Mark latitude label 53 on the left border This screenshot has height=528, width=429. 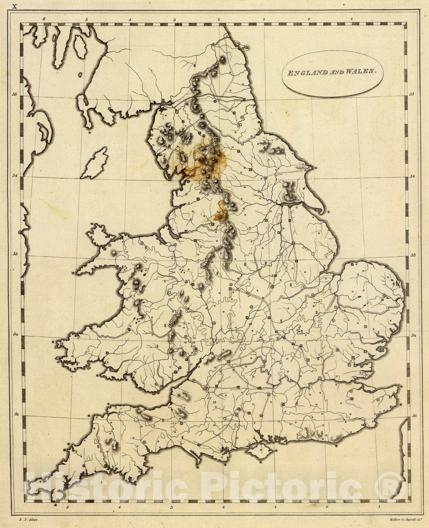(x=14, y=254)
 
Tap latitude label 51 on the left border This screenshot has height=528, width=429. (x=14, y=413)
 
